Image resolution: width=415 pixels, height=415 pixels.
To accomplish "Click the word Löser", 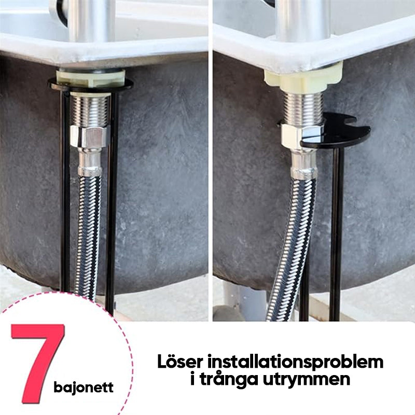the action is pyautogui.click(x=180, y=361).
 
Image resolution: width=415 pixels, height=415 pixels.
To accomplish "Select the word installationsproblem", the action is pyautogui.click(x=295, y=362).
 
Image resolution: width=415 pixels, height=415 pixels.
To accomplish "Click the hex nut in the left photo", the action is pyautogui.click(x=90, y=136).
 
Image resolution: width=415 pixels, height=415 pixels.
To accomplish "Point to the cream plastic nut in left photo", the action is pyautogui.click(x=91, y=78).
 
